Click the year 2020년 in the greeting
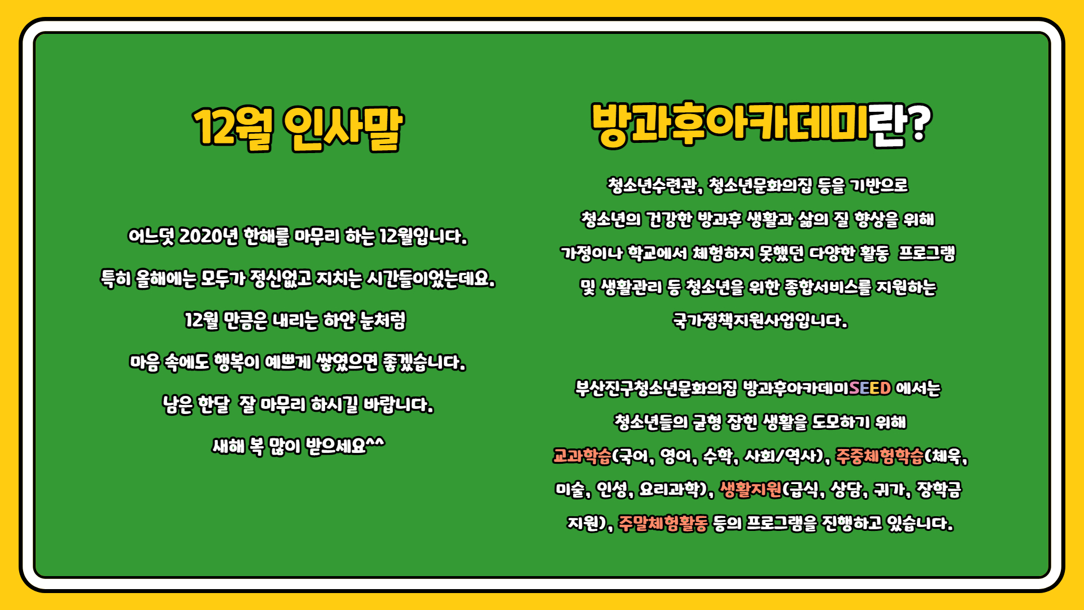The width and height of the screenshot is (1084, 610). (x=208, y=236)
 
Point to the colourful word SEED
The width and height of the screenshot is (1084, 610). (x=870, y=388)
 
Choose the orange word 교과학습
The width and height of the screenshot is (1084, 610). (x=582, y=456)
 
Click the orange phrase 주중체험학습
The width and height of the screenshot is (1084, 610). (x=880, y=456)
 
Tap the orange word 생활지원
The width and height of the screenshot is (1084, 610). (x=750, y=490)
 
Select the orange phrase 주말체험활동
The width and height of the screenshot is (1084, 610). (x=663, y=524)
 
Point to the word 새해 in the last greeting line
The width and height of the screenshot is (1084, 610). (x=229, y=447)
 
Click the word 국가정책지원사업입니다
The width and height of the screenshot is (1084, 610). (x=760, y=321)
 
